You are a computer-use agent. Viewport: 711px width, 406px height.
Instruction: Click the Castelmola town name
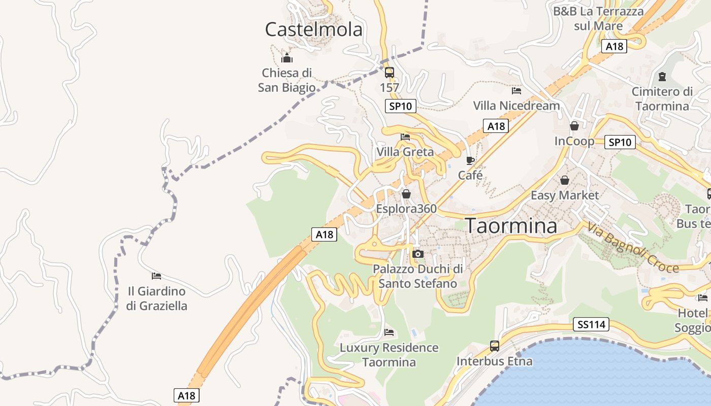(x=314, y=29)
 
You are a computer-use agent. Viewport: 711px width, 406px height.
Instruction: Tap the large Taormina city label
(x=511, y=226)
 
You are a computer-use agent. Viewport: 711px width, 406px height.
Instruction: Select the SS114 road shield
(x=592, y=324)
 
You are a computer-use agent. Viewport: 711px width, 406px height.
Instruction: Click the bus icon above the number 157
(x=390, y=73)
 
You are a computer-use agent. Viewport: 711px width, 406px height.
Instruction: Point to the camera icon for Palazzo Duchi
(x=418, y=254)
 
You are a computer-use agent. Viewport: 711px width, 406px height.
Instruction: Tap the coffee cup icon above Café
(x=470, y=161)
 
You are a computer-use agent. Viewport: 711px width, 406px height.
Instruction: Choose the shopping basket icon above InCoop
(x=574, y=126)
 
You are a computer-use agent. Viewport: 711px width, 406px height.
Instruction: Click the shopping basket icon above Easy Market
(x=564, y=180)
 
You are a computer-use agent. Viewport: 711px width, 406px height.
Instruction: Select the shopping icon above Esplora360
(x=406, y=194)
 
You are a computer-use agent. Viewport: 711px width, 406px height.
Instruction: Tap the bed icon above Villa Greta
(x=405, y=137)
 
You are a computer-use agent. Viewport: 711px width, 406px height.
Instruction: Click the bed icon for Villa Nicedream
(x=516, y=91)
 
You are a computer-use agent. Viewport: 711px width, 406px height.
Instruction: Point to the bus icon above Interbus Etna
(x=495, y=346)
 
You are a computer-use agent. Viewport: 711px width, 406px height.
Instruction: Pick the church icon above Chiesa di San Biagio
(x=287, y=58)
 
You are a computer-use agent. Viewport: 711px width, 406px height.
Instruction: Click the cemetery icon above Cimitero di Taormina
(x=662, y=77)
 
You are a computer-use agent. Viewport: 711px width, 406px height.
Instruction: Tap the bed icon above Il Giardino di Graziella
(x=156, y=276)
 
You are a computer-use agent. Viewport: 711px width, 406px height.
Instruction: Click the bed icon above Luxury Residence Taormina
(x=389, y=332)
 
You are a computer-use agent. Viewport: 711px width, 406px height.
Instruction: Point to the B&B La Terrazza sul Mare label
(x=598, y=18)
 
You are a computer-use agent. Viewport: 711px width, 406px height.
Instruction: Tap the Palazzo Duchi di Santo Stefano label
(x=418, y=276)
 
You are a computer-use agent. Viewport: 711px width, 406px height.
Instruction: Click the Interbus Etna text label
(x=495, y=361)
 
